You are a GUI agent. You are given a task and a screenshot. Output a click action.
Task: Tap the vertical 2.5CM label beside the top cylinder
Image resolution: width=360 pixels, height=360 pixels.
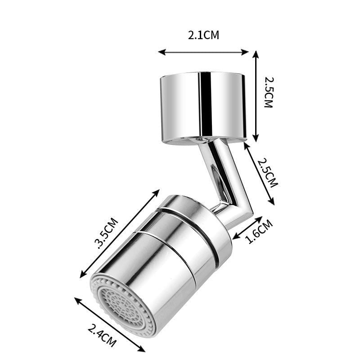[x=268, y=92]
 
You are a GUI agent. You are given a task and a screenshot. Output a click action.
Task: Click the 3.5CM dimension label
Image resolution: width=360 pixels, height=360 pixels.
[x=106, y=233]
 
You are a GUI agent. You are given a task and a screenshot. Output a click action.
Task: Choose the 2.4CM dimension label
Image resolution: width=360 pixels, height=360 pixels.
[x=102, y=335]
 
